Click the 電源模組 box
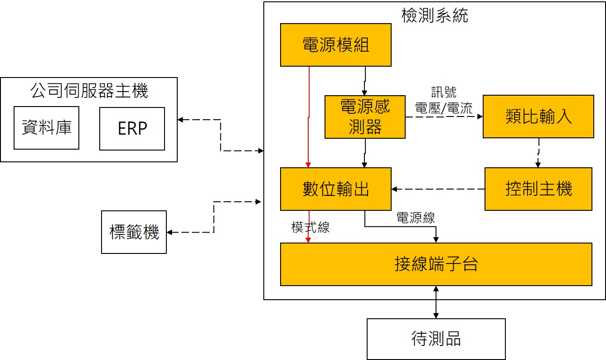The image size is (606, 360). click(335, 45)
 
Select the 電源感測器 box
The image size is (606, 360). click(365, 117)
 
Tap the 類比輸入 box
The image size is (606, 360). click(538, 117)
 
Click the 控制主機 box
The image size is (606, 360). click(538, 189)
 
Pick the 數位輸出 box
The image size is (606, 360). click(335, 189)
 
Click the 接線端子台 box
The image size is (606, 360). click(436, 264)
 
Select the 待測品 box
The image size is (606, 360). click(436, 339)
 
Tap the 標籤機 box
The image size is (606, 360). click(134, 232)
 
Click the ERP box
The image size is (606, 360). click(132, 129)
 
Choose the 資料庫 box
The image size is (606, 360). click(46, 128)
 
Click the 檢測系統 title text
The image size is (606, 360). click(435, 16)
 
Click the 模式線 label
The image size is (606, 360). click(310, 228)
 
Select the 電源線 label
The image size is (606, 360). click(416, 218)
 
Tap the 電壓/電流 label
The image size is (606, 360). click(444, 108)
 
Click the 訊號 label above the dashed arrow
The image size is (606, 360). click(444, 93)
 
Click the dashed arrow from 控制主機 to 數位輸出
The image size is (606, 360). click(438, 189)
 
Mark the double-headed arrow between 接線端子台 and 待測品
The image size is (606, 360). click(436, 302)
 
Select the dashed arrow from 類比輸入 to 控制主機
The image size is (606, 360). click(538, 153)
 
